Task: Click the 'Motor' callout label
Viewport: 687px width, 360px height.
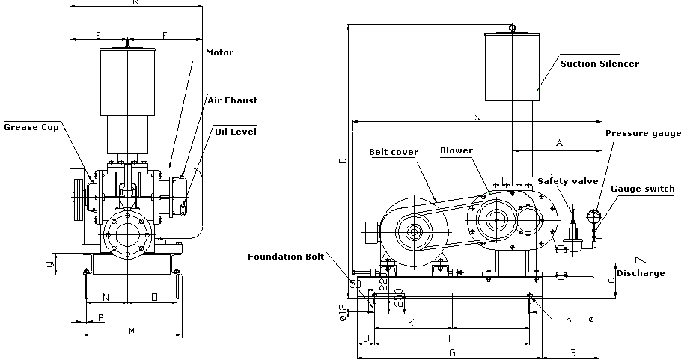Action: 219,52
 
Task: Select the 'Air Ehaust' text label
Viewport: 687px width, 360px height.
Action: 232,100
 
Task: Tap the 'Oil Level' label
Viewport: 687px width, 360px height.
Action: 236,131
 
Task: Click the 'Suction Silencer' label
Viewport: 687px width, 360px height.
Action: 600,64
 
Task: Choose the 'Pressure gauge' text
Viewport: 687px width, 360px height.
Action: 643,133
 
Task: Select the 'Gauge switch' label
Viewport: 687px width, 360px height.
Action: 643,189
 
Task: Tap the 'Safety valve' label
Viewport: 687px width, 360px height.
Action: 568,180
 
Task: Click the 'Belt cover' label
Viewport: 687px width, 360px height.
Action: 394,151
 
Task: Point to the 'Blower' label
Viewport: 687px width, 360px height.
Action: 457,150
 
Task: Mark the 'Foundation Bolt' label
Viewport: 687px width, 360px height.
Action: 286,257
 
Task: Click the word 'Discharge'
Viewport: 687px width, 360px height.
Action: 641,273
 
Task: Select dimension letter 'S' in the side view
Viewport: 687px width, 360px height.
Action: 477,117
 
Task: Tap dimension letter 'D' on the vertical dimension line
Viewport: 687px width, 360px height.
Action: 343,161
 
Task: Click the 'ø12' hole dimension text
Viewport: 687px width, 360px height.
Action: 343,313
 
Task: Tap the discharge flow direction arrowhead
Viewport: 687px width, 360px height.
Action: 638,260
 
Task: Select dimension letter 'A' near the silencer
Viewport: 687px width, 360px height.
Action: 559,141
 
